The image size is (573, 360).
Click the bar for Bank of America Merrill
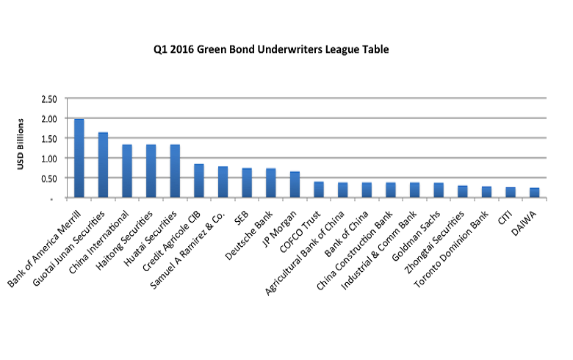point(79,158)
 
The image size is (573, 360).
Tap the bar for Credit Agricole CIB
point(198,181)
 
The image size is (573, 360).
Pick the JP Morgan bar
point(295,184)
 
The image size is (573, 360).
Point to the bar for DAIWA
point(534,192)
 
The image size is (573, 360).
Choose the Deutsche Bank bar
point(270,183)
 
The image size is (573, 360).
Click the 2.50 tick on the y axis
point(48,98)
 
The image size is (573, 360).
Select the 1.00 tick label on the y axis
point(48,158)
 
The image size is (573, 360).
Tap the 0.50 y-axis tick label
point(48,178)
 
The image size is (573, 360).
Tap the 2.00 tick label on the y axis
point(48,118)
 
